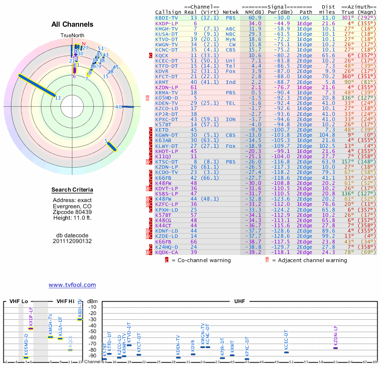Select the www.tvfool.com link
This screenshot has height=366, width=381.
coord(72,285)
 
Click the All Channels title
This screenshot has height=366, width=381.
coord(72,24)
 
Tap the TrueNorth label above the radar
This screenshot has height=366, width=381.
coord(72,36)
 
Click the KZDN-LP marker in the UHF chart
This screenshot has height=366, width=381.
coord(336,348)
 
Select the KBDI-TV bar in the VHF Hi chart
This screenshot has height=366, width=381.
coord(80,319)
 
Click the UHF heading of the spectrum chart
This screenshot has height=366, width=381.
coord(239,301)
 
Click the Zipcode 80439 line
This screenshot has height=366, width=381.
coord(72,212)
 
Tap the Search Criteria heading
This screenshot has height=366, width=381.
coord(72,190)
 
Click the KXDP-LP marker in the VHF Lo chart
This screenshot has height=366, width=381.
coord(31,328)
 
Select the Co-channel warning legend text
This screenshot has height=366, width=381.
coord(201,260)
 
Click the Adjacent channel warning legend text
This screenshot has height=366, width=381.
coord(310,260)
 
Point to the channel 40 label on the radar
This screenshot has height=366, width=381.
coord(119,107)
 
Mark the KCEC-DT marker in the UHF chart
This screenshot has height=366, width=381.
coord(287,352)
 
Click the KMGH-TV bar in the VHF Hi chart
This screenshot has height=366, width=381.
coord(50,337)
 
